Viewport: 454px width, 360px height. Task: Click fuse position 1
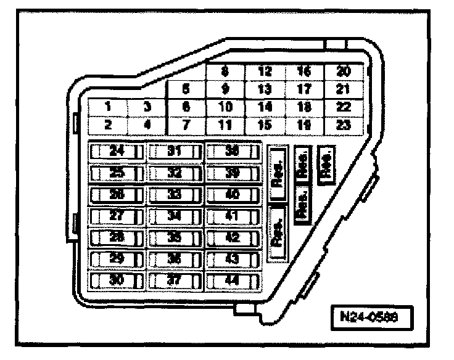(107, 107)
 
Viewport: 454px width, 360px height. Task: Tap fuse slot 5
(186, 88)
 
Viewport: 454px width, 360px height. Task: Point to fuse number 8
(225, 71)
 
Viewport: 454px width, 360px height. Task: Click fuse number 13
(264, 89)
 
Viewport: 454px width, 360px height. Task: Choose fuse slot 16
(303, 71)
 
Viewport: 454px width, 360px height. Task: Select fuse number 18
(303, 107)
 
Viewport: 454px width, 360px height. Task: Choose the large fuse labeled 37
(176, 280)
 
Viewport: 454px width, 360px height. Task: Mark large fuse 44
(233, 280)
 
